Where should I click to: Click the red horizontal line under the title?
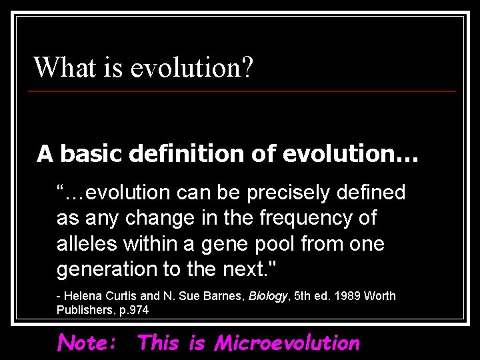click(244, 91)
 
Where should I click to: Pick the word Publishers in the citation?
click(83, 310)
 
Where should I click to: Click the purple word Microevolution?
click(287, 343)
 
